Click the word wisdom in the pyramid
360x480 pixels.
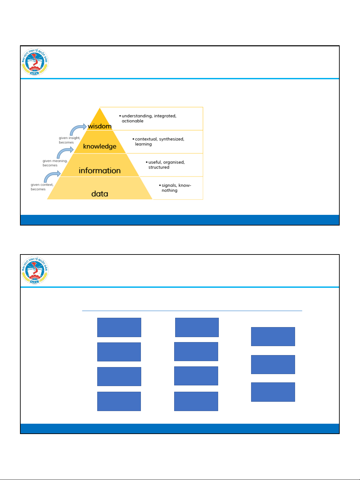coord(100,126)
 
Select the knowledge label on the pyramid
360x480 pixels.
coord(100,147)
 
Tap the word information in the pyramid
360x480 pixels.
coord(100,171)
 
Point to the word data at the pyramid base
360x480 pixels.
coord(100,194)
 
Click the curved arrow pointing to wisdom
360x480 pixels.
coord(78,129)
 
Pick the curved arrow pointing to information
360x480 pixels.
coord(52,176)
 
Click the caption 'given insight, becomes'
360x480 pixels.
coord(69,140)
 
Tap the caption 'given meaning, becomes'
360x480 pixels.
coord(55,163)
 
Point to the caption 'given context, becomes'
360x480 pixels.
coord(42,187)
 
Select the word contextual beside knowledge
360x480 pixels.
coord(146,139)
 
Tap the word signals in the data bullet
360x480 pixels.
coord(169,186)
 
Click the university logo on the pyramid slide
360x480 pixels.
coord(35,62)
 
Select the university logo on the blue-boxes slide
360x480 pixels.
coord(35,270)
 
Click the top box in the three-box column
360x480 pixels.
coord(273,336)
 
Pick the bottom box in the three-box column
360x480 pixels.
coord(273,392)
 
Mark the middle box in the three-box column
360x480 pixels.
coord(273,364)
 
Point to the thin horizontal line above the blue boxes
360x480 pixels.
coord(192,311)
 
